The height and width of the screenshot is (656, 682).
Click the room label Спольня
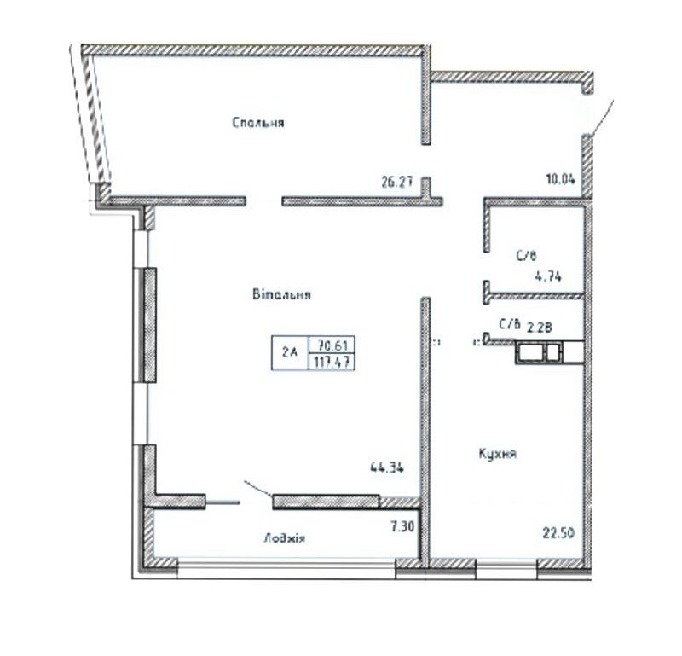point(257,123)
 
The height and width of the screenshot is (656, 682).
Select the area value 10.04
point(561,180)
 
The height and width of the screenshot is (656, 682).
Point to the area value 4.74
point(546,275)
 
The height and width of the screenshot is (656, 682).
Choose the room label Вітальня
point(280,296)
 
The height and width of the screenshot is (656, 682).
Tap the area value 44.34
point(386,467)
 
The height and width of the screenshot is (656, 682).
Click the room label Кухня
point(498,454)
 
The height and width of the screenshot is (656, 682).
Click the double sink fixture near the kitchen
point(539,351)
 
